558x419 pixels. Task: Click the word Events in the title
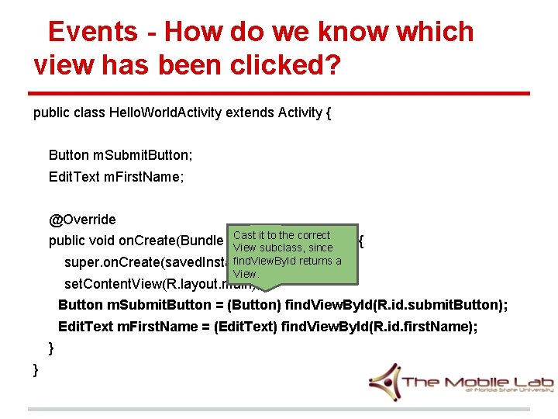(92, 32)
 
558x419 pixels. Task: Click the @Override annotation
(82, 220)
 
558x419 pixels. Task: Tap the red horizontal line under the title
(279, 94)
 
